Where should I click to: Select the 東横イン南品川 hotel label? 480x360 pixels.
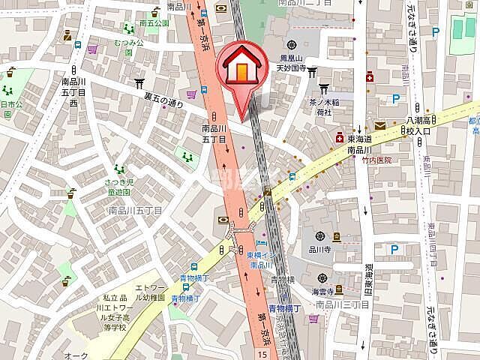click(259, 259)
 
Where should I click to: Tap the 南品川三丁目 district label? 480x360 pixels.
click(343, 304)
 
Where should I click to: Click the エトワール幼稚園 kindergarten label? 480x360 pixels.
click(149, 292)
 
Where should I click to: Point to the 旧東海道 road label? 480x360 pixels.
click(367, 277)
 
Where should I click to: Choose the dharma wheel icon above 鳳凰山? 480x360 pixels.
click(292, 43)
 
